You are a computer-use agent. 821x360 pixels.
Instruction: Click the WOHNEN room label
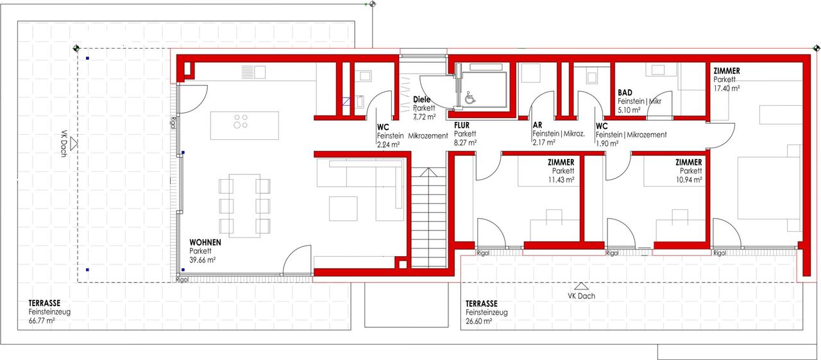[x=205, y=243]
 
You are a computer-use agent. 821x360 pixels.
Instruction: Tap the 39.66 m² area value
[x=202, y=260]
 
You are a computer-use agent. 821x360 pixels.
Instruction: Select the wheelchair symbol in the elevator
[x=470, y=98]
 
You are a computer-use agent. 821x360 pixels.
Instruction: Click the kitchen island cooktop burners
[x=241, y=121]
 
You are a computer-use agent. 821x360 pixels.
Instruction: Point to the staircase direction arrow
[x=428, y=172]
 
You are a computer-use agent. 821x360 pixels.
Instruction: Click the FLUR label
[x=461, y=125]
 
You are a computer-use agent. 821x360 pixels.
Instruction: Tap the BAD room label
[x=625, y=92]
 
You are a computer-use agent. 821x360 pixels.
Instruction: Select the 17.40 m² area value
[x=727, y=89]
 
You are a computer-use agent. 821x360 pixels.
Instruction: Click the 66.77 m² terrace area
[x=42, y=321]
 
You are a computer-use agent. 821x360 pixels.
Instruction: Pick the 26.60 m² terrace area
[x=478, y=321]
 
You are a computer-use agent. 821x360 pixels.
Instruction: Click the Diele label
[x=421, y=99]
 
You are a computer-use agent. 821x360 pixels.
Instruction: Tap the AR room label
[x=537, y=125]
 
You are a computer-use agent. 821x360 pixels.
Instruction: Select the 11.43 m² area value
[x=561, y=180]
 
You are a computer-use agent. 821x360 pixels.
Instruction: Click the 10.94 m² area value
[x=689, y=180]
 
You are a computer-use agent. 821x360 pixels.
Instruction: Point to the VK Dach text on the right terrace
[x=581, y=296]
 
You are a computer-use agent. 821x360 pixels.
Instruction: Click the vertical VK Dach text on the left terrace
[x=63, y=143]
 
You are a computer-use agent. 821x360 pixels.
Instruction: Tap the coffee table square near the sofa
[x=343, y=209]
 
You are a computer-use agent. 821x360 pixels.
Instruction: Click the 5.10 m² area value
[x=629, y=110]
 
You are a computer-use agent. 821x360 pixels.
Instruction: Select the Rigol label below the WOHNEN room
[x=182, y=280]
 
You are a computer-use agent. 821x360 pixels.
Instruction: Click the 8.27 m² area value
[x=465, y=142]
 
